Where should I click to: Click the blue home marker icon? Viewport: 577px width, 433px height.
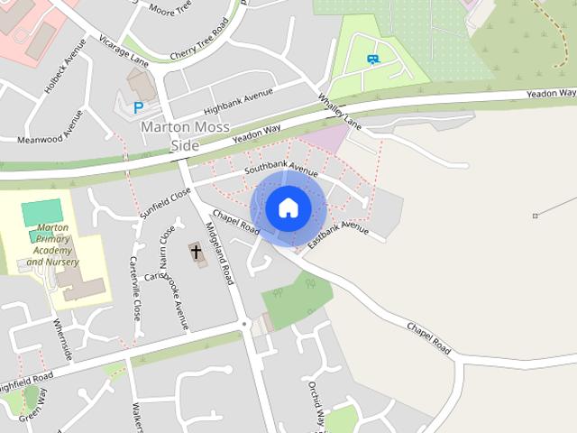[x=288, y=208]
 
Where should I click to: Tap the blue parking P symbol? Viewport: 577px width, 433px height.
[x=138, y=107]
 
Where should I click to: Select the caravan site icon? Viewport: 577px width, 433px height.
[x=372, y=60]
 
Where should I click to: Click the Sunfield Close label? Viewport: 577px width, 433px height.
[x=166, y=204]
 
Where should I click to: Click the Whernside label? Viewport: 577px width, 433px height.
[x=61, y=339]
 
